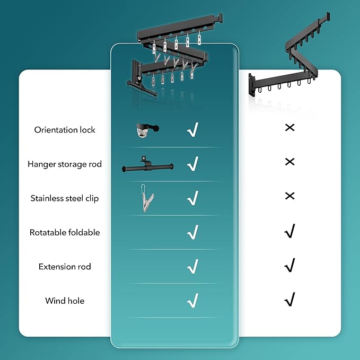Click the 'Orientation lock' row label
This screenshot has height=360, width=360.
click(x=65, y=130)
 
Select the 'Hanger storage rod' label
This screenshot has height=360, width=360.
click(x=65, y=164)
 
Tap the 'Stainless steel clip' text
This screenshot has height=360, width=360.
click(x=65, y=198)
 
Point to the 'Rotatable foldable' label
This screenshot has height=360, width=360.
click(x=65, y=232)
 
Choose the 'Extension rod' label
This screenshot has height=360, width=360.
click(x=65, y=267)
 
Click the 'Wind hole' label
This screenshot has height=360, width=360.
click(x=65, y=301)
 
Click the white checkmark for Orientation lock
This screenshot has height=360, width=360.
click(x=193, y=130)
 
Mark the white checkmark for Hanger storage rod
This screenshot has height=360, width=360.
click(x=193, y=164)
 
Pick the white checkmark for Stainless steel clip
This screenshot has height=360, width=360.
click(x=193, y=198)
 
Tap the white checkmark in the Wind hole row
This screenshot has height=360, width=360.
click(x=193, y=300)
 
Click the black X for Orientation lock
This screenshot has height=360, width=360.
click(x=289, y=128)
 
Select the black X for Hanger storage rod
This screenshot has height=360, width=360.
click(x=289, y=162)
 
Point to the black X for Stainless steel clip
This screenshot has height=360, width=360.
click(x=289, y=196)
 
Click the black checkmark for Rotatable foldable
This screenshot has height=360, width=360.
click(x=289, y=231)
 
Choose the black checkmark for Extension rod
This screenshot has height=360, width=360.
click(x=289, y=265)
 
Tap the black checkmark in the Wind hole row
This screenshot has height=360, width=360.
click(x=289, y=300)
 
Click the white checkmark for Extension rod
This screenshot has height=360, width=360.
click(x=193, y=266)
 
